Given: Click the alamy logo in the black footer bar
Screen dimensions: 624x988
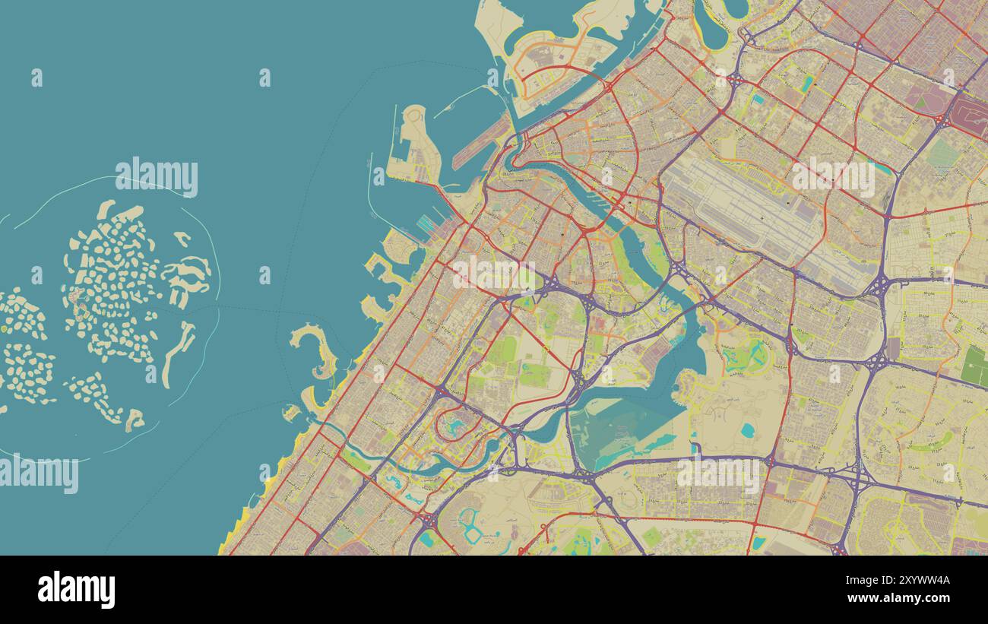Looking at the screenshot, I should (76, 590).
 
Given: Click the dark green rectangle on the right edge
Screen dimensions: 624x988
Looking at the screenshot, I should (974, 366).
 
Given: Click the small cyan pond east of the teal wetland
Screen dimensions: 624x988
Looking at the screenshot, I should (747, 430).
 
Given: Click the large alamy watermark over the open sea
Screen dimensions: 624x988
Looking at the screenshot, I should (157, 177).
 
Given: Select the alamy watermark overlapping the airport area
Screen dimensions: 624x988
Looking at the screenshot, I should (833, 177).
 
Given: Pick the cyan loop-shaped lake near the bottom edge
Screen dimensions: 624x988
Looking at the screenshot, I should (467, 525).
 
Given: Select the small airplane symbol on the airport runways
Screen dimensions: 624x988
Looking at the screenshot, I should (761, 219).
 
